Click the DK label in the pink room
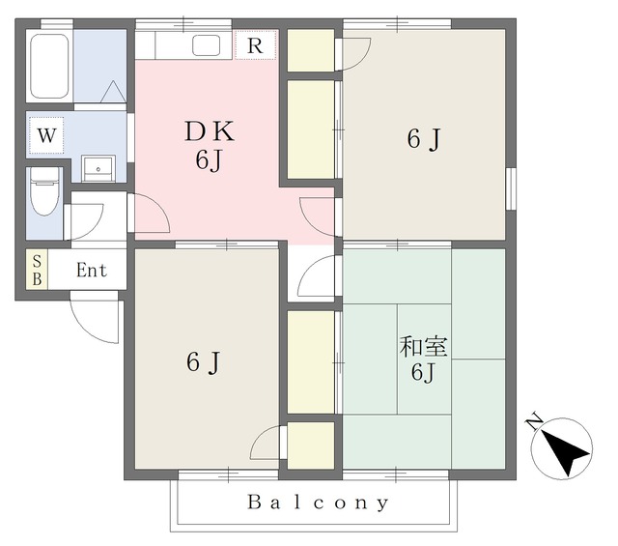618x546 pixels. [x=210, y=131]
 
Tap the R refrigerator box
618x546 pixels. [x=255, y=45]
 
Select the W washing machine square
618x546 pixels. [x=46, y=135]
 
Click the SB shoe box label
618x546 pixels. [x=37, y=270]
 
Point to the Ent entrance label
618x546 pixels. [x=92, y=271]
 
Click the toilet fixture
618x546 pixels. [x=45, y=191]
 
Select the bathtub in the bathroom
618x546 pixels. [x=49, y=66]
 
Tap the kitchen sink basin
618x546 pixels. [x=206, y=45]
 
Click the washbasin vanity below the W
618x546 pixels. [x=98, y=168]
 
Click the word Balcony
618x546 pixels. [x=318, y=503]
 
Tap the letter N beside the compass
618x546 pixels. [x=534, y=421]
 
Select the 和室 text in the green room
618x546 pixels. [x=423, y=346]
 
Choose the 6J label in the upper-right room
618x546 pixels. [x=424, y=139]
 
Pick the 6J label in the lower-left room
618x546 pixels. [x=203, y=362]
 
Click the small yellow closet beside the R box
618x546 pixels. [x=311, y=50]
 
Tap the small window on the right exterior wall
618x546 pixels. [x=511, y=189]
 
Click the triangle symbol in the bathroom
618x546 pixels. [x=114, y=92]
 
